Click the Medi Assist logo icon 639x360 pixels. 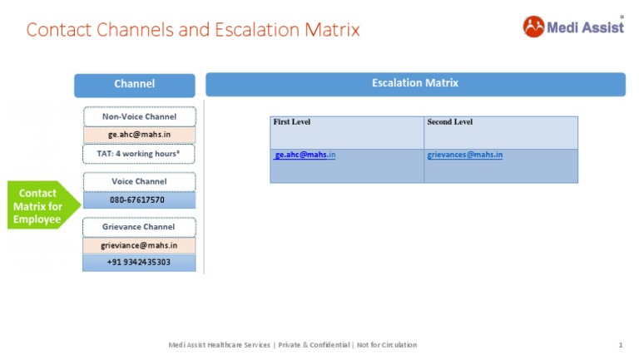tap(533, 27)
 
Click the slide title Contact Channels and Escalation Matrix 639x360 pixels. tap(193, 30)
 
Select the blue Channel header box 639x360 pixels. tap(134, 84)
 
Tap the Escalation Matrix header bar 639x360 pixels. tap(414, 83)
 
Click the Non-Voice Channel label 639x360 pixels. tap(139, 117)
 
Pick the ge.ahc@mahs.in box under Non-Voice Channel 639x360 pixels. tap(139, 134)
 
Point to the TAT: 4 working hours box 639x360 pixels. tap(139, 154)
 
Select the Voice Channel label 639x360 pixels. tap(139, 181)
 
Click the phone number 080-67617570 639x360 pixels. tap(139, 200)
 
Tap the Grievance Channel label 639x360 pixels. tap(139, 227)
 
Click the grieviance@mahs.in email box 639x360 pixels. tap(139, 245)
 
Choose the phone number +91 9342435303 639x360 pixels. tap(139, 263)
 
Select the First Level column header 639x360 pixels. tap(291, 122)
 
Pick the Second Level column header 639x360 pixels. tap(450, 122)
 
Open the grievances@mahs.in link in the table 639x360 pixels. tap(464, 155)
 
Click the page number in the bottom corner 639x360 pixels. tap(621, 344)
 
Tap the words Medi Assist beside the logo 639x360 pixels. tap(585, 27)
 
